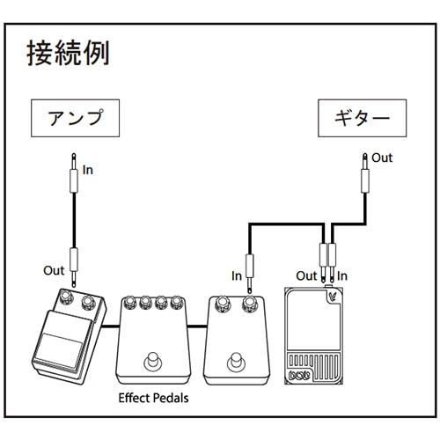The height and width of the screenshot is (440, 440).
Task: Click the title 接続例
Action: coord(69,54)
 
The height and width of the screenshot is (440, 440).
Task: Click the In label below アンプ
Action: coord(87,170)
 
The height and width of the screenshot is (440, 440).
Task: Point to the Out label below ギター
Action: coord(382,158)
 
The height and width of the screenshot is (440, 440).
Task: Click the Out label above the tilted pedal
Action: coord(54,269)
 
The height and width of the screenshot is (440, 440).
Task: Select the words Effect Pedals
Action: coord(153,398)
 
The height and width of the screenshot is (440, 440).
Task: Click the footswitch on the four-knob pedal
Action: coord(154,361)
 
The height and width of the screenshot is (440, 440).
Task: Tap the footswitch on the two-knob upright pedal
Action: coord(235,361)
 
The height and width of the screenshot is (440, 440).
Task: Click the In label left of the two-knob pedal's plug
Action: coord(236,275)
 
